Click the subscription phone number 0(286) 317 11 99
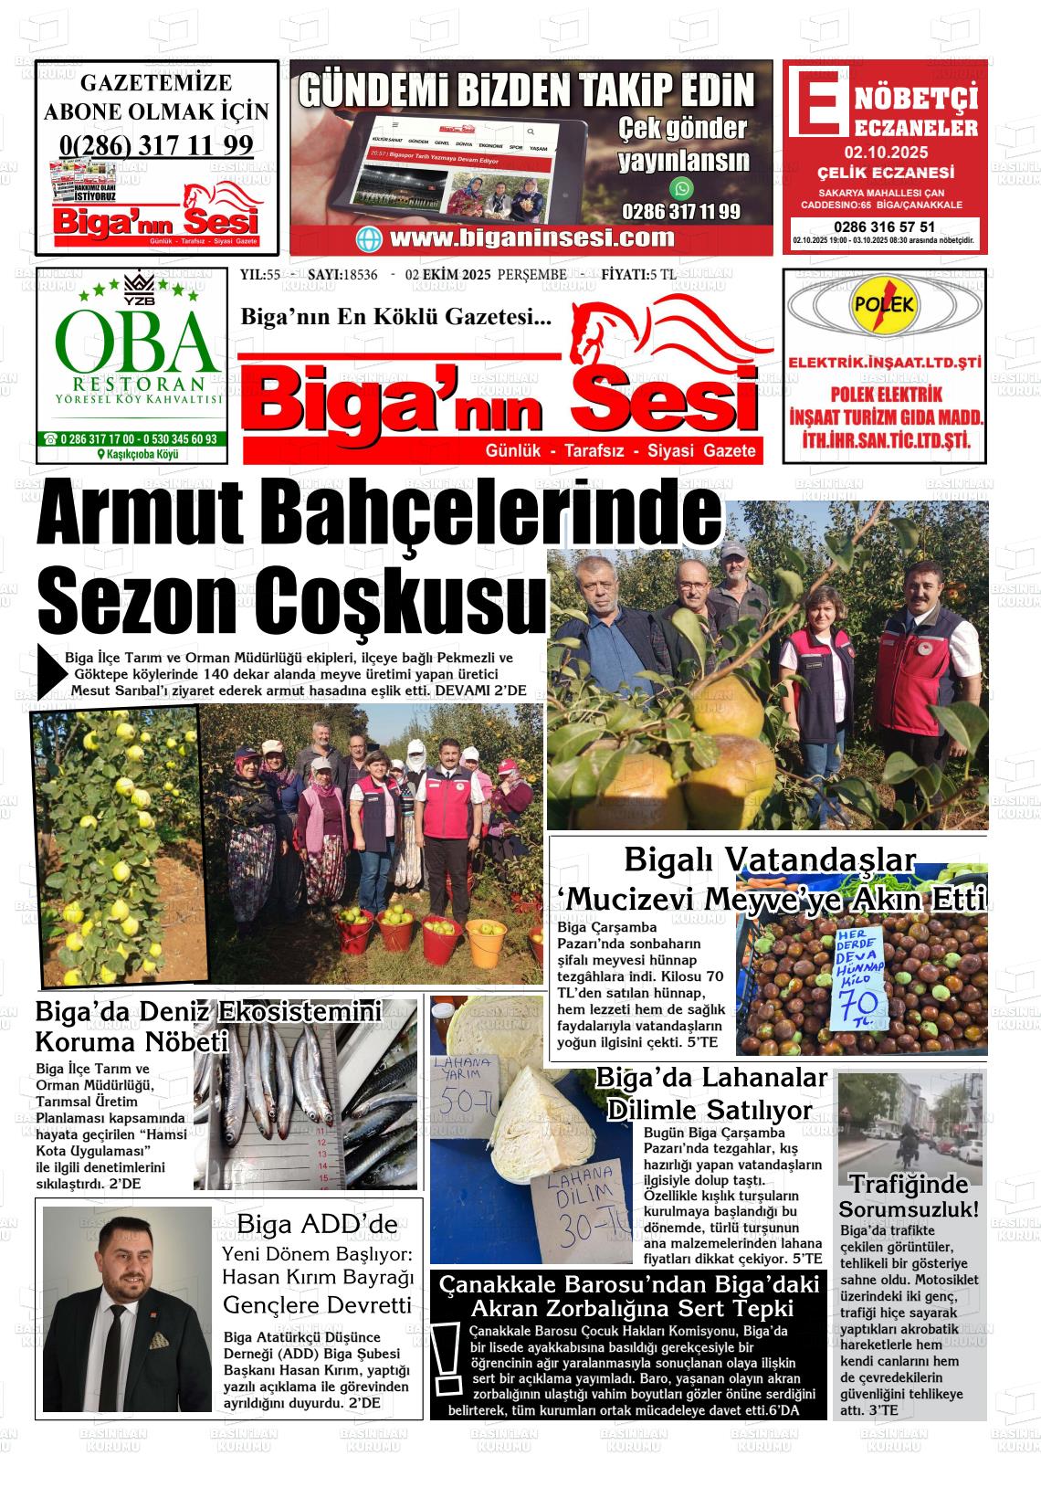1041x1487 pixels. pos(156,144)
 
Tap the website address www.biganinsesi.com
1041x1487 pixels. pos(531,238)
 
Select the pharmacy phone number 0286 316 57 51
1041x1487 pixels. pos(884,227)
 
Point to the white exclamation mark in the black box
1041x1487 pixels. pos(447,1361)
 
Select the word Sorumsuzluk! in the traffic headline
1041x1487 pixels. pos(909,1210)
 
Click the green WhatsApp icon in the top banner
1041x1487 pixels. pos(681,189)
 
